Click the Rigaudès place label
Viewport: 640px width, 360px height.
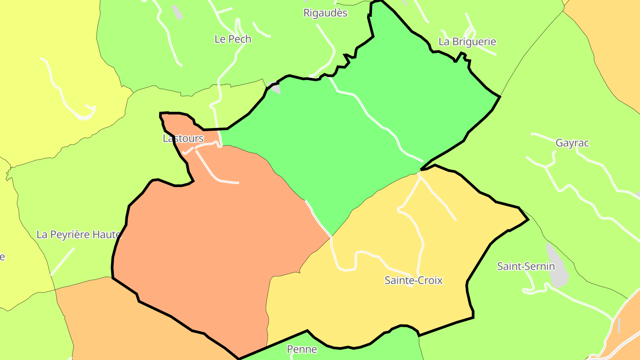click(x=325, y=13)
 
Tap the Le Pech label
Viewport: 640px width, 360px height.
click(x=233, y=39)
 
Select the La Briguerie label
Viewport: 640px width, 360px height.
click(x=467, y=42)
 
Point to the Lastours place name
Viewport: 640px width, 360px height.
click(x=183, y=139)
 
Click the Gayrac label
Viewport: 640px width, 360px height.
click(x=572, y=143)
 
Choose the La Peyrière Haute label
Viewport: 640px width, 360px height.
click(x=79, y=234)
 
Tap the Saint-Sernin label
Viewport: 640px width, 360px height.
click(x=526, y=266)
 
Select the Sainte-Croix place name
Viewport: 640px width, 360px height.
click(x=413, y=280)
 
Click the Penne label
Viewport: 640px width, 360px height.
click(x=302, y=349)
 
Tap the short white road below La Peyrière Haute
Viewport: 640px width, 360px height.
click(x=62, y=262)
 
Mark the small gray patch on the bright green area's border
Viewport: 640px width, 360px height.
click(x=275, y=88)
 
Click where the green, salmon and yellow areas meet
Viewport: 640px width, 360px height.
click(x=331, y=237)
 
